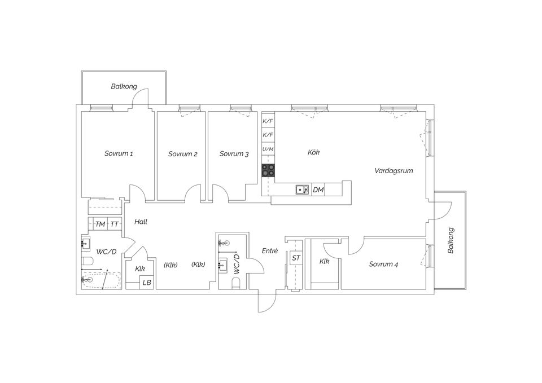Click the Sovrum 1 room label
[119, 153]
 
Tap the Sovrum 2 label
[182, 154]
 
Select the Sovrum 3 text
[234, 154]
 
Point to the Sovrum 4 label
[383, 265]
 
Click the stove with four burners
[268, 170]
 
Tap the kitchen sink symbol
[302, 190]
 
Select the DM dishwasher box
[318, 190]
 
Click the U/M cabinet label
[268, 149]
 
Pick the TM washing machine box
[100, 224]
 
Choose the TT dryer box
[115, 224]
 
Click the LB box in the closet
[147, 283]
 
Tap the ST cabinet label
[296, 258]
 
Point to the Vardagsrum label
[394, 170]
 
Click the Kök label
[313, 152]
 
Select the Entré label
[270, 251]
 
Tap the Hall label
[141, 222]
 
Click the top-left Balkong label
[124, 86]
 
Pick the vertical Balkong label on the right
[451, 240]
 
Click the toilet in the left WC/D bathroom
[87, 261]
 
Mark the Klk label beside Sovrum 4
[324, 261]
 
